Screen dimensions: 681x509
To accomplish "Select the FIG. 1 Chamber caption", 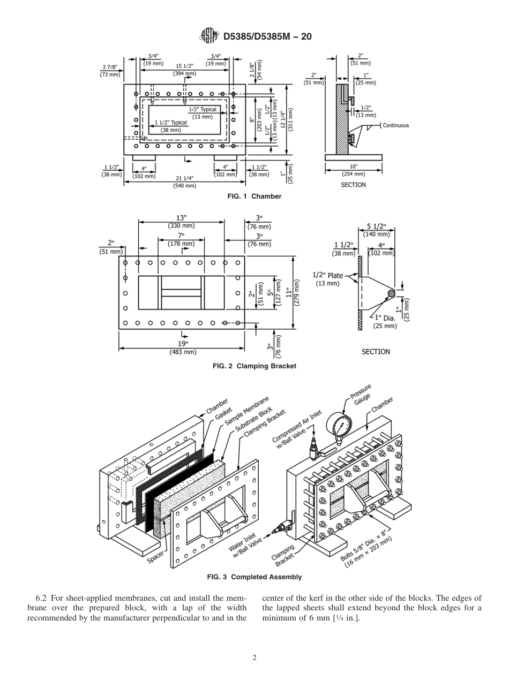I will tap(254, 196).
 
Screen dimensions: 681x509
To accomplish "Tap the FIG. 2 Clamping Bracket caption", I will tap(254, 366).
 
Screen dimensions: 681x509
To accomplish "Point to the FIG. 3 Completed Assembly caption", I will tap(254, 577).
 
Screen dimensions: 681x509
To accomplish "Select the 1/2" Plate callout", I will tap(328, 276).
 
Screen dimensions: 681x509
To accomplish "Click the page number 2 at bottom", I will tap(254, 658).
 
